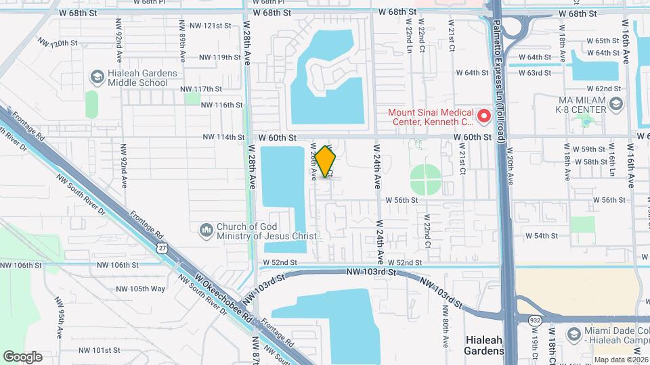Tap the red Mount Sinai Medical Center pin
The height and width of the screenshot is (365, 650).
tap(484, 116)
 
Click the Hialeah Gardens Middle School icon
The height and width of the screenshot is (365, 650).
tap(97, 78)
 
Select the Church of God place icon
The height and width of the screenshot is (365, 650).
tap(207, 230)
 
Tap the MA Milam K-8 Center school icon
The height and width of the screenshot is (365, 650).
tap(615, 105)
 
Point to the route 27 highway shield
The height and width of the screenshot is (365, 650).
tap(162, 248)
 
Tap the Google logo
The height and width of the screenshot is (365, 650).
tap(22, 356)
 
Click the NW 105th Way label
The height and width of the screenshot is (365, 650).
tap(140, 289)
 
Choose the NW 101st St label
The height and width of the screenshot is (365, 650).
tap(99, 350)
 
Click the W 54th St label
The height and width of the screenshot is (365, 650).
tap(542, 236)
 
